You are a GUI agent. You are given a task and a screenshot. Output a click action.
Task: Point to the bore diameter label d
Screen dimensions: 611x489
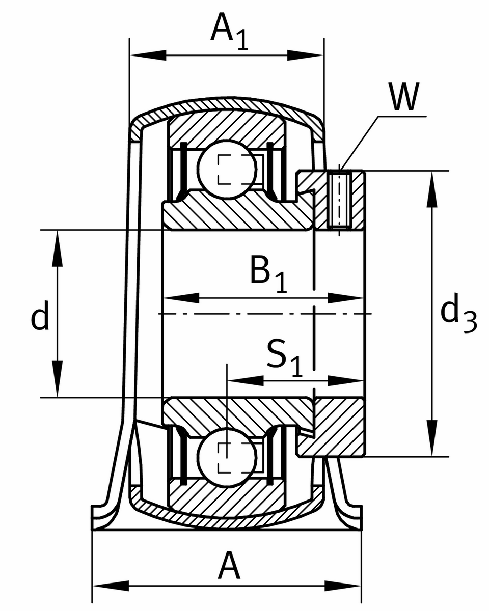click(x=40, y=316)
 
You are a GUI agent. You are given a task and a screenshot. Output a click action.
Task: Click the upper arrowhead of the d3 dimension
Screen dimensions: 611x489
click(x=432, y=188)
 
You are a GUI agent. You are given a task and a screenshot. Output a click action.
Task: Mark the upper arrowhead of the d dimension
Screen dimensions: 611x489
click(x=58, y=247)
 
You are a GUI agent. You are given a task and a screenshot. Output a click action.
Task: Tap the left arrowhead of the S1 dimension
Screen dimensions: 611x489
click(x=244, y=380)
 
